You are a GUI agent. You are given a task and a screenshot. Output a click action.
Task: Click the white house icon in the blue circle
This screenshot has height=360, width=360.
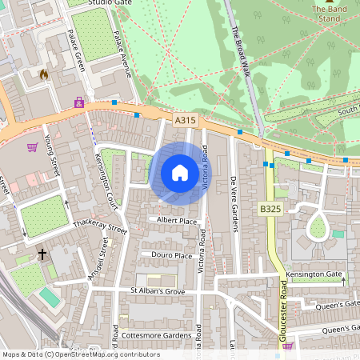point(180,173)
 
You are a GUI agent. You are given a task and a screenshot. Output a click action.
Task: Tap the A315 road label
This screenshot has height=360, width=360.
point(185,120)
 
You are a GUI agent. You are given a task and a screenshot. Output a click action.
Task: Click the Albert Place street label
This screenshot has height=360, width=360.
point(177,220)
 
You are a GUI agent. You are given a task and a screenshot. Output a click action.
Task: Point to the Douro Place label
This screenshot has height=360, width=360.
point(172,255)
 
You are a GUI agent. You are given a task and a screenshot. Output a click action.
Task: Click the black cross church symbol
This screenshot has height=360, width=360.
point(42,255)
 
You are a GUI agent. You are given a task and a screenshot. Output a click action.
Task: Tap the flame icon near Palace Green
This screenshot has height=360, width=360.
point(44,74)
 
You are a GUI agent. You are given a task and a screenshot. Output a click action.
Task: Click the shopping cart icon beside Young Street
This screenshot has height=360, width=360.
point(32,147)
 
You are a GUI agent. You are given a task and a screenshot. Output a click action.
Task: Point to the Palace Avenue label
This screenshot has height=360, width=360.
point(122,54)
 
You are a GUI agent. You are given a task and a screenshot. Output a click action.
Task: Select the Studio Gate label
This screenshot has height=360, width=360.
point(110,3)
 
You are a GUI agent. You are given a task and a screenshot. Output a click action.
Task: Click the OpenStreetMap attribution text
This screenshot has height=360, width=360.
point(81,354)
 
